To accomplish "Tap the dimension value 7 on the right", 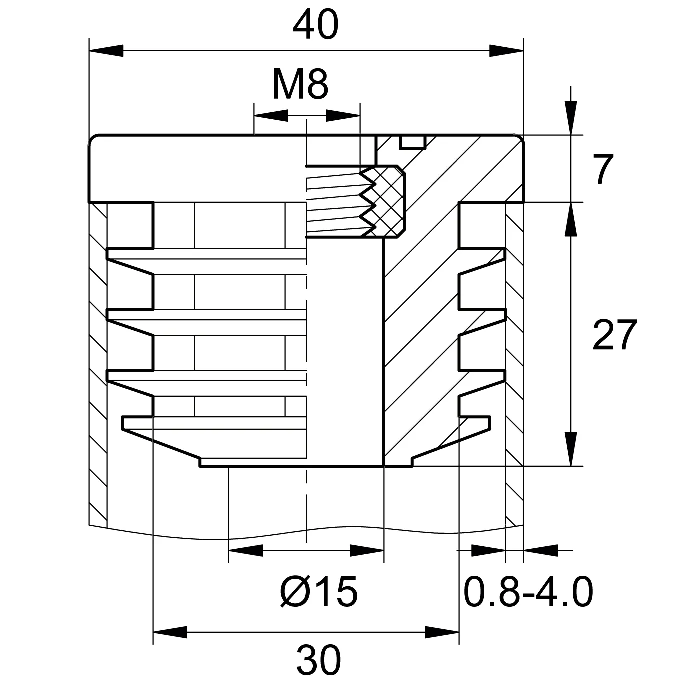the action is tap(603, 169).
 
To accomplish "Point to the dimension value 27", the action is tap(614, 335).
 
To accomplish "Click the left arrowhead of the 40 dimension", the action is tap(106, 51).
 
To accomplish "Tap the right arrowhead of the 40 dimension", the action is tap(506, 51).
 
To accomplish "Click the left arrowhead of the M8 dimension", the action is tap(271, 115).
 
